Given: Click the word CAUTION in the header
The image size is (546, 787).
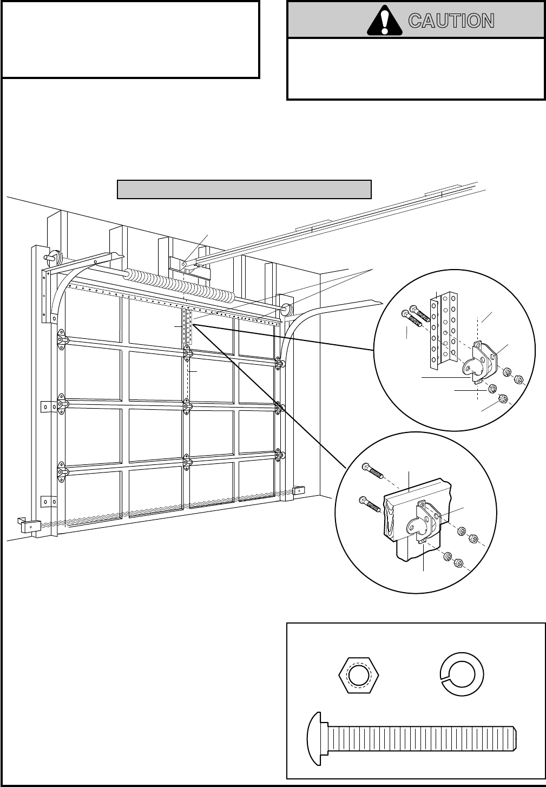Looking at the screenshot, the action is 451,21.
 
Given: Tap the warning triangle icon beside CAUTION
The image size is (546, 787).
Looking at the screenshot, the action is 385,21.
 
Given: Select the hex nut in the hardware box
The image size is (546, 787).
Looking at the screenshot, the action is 358,675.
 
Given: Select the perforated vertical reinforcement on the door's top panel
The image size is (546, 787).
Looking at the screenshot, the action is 188,327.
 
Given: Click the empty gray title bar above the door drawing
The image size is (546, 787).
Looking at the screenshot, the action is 244,189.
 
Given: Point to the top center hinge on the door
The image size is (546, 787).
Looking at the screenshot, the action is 187,355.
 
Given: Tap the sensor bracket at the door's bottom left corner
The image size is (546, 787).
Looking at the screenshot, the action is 26,524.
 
